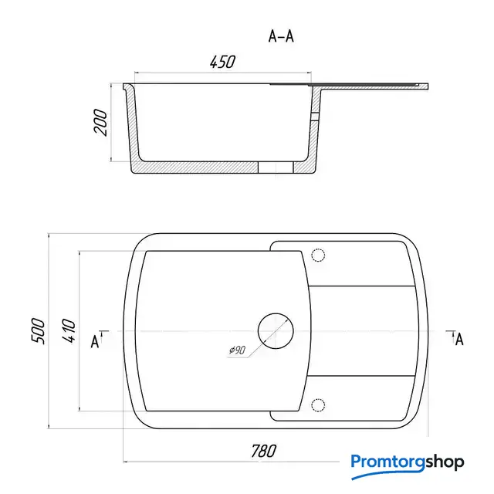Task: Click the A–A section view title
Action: (x=281, y=36)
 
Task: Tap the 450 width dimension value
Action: (x=222, y=62)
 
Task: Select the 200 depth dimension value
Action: (x=100, y=122)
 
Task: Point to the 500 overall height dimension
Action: (x=38, y=330)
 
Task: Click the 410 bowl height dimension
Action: (x=69, y=330)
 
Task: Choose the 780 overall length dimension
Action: (x=264, y=451)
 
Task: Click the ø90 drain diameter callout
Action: (x=237, y=350)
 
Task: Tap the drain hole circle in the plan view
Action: (x=276, y=331)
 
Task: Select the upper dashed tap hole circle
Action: (x=318, y=255)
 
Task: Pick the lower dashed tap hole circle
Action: (x=318, y=404)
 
